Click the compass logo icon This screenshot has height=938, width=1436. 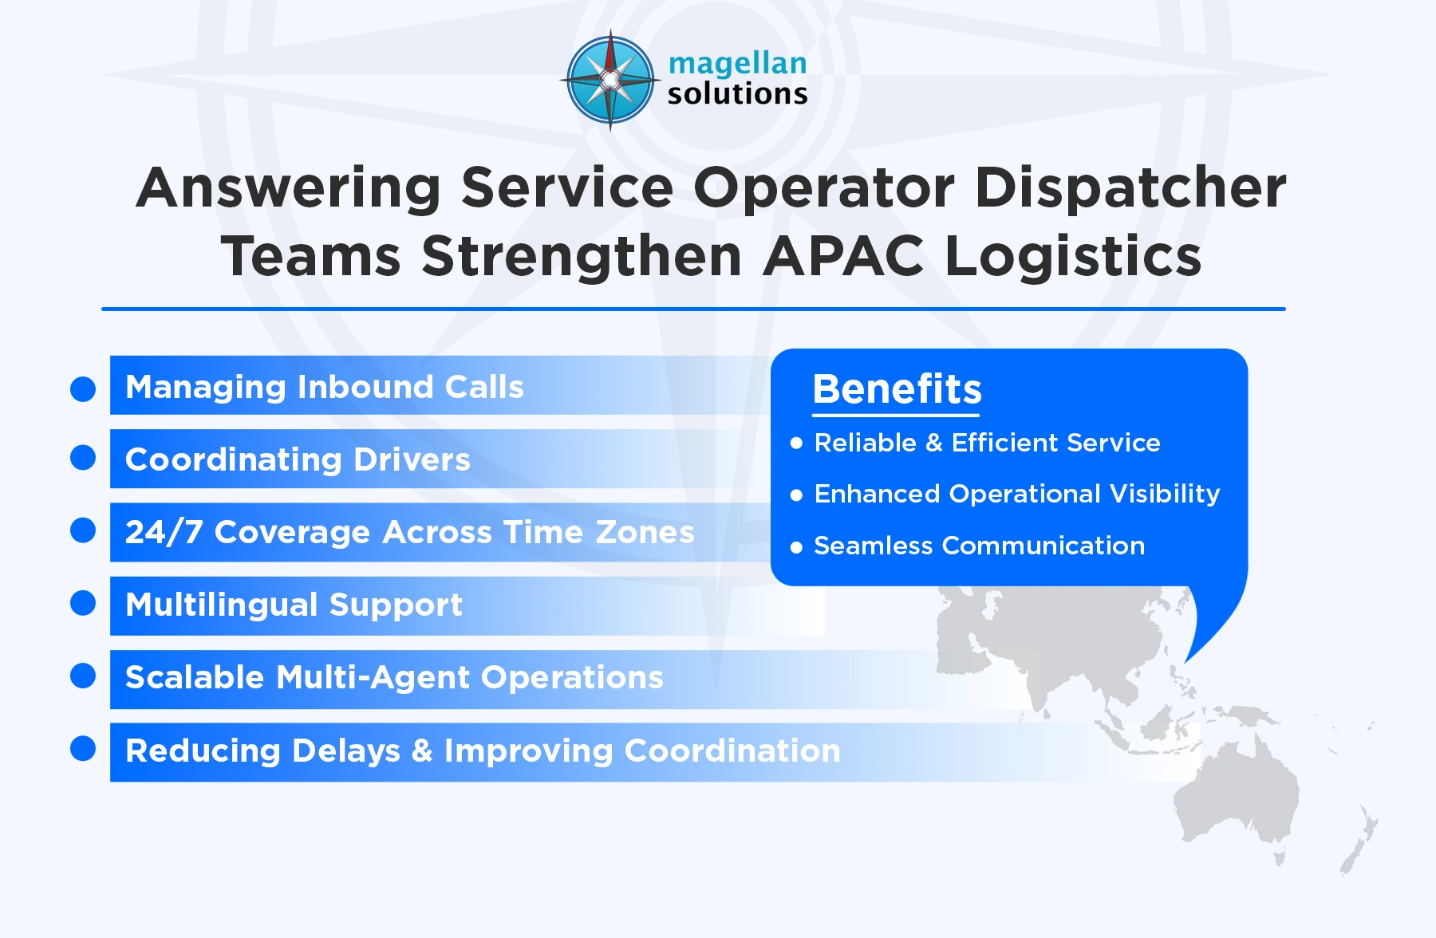[x=610, y=80]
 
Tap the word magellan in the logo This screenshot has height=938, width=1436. [x=737, y=64]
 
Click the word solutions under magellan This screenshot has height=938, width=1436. [x=737, y=94]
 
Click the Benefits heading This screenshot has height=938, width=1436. [x=897, y=389]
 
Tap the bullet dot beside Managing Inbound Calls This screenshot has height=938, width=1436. [x=83, y=389]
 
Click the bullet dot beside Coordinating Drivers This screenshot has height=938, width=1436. [x=83, y=458]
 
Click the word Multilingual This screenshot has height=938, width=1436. [x=220, y=605]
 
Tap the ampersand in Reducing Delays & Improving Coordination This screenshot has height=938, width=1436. [x=422, y=751]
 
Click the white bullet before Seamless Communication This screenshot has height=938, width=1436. [x=796, y=547]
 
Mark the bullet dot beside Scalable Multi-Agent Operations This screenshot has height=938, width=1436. [x=83, y=676]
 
